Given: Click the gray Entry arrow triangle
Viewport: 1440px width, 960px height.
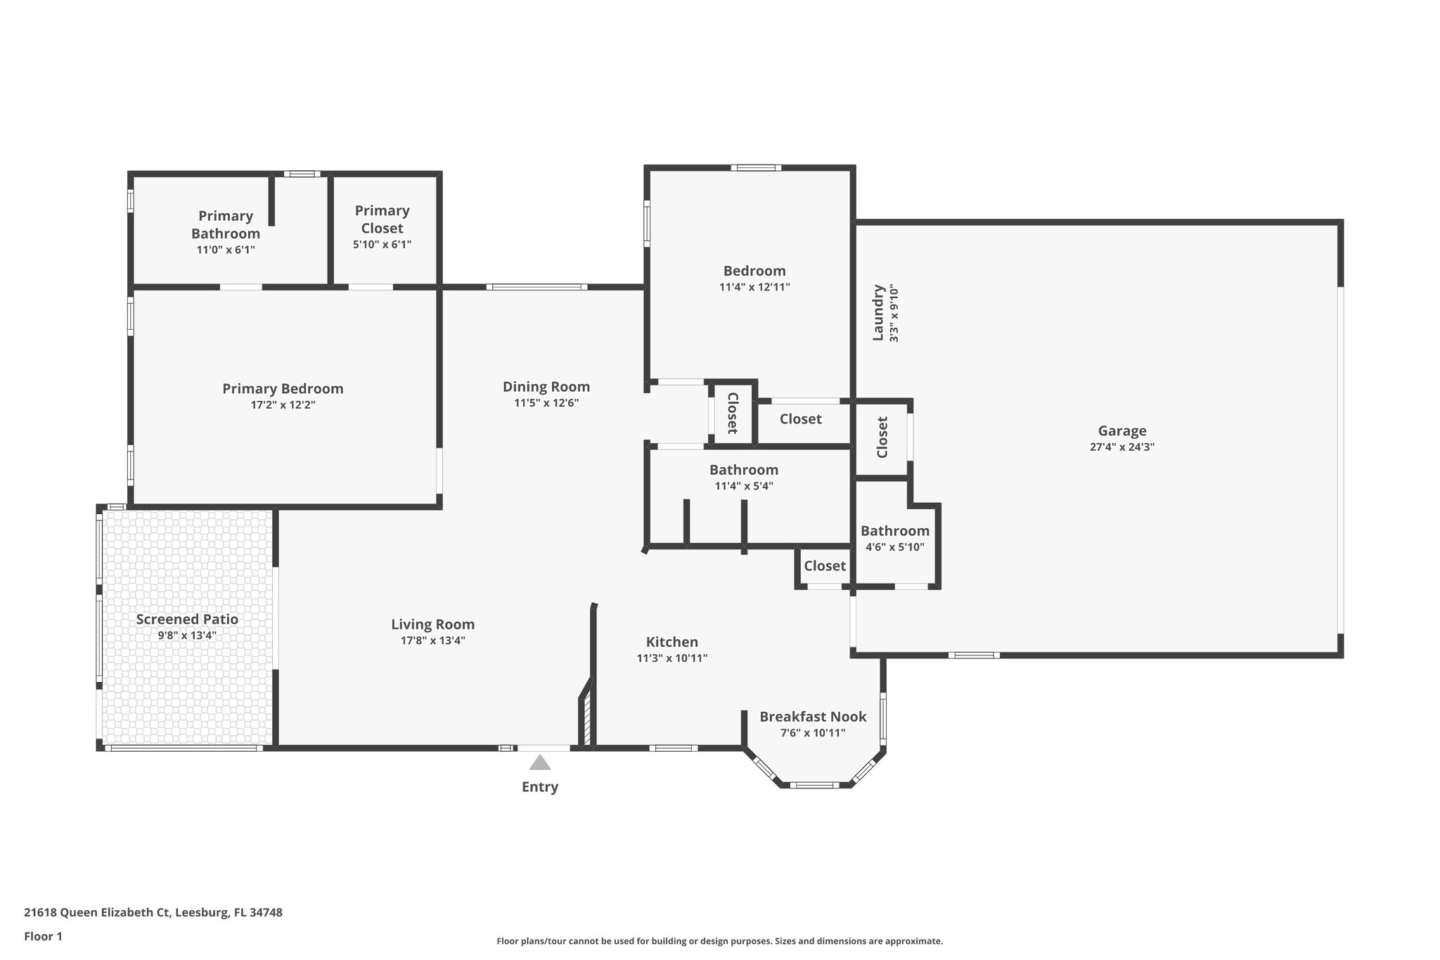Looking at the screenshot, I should [x=539, y=762].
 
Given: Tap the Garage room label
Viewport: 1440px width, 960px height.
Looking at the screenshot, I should [x=1122, y=431].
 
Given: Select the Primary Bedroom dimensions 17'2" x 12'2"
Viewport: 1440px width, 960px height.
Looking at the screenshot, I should [x=283, y=405].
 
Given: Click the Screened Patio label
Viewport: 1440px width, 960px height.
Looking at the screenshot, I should [x=187, y=620].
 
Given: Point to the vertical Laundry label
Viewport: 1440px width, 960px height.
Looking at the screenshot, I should [x=877, y=312].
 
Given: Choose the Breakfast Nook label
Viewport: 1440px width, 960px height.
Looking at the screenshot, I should [x=813, y=717].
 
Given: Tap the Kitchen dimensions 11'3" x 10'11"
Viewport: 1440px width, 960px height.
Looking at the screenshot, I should [x=671, y=658].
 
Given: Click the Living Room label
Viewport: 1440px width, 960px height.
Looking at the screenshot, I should [x=432, y=625].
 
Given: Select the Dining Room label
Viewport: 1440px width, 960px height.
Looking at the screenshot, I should [x=546, y=387].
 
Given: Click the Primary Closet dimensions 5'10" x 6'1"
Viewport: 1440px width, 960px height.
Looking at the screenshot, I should [x=382, y=245].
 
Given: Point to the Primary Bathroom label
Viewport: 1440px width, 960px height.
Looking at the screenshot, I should [x=226, y=224].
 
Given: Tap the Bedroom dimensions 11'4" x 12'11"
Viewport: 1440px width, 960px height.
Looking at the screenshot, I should [x=754, y=287].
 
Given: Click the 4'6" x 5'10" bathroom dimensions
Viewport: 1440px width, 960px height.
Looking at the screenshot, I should [x=894, y=547].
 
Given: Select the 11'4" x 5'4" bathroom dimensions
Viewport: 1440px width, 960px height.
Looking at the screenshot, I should [x=743, y=486].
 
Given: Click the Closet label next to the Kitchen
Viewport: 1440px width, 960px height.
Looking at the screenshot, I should [x=825, y=566].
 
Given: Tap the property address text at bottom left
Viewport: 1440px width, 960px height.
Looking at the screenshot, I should [x=153, y=912].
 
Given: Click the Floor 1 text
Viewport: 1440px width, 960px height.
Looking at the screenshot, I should [x=43, y=936].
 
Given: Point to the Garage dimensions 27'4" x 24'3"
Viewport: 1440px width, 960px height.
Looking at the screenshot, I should [x=1122, y=447].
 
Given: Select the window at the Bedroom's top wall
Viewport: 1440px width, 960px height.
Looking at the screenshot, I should [x=755, y=168].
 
